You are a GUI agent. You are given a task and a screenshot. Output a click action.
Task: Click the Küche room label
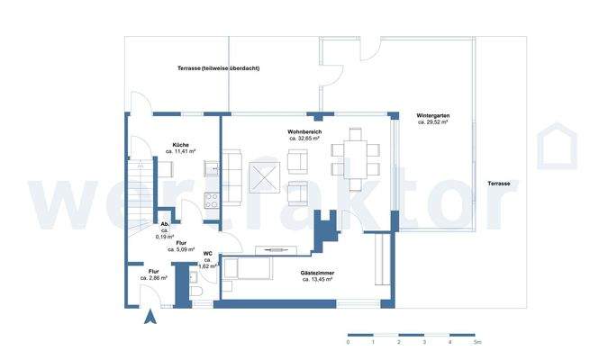tap(180, 145)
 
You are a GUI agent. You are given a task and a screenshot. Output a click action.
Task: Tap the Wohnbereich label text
tap(305, 131)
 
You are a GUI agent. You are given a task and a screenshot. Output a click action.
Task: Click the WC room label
tap(207, 254)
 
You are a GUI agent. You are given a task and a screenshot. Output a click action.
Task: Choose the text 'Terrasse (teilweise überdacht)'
tap(218, 68)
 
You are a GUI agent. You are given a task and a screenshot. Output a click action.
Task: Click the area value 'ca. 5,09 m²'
tap(181, 249)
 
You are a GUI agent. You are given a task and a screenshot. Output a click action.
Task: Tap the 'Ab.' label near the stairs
tap(164, 225)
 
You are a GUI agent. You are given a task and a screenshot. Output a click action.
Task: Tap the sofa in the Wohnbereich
tap(232, 175)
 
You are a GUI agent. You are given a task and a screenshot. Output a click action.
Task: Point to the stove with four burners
tap(212, 201)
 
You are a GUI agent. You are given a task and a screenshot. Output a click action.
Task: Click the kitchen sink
tap(212, 167)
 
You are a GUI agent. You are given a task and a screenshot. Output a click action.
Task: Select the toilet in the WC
tap(195, 296)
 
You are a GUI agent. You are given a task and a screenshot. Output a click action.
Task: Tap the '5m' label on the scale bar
tap(477, 343)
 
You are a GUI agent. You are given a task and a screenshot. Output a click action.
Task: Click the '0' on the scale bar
tap(349, 343)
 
